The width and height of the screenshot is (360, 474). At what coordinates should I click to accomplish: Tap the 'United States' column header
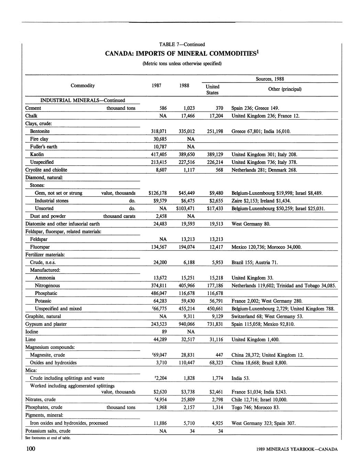pos(213,89)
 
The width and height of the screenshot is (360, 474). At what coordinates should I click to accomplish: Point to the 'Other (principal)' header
pos(285,89)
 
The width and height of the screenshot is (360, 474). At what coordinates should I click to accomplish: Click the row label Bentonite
pos(40,131)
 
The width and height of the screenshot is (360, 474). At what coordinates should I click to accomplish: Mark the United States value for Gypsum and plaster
pos(215,324)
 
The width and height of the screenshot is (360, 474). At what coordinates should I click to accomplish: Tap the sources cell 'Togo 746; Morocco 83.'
pos(256,407)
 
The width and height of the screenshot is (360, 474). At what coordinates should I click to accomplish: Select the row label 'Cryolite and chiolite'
pos(46,170)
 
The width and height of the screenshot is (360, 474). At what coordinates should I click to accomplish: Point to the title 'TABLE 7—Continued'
pos(182,44)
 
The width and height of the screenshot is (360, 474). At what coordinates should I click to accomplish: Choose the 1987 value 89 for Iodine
pos(163,332)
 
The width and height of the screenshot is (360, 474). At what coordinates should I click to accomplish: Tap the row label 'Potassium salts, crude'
pos(48,431)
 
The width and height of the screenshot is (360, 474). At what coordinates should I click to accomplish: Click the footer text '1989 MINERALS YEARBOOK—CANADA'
pos(297,449)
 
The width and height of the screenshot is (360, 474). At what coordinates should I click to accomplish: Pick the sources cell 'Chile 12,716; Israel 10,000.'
pos(259,399)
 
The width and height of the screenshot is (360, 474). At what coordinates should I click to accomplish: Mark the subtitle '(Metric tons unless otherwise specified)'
pos(182,64)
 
